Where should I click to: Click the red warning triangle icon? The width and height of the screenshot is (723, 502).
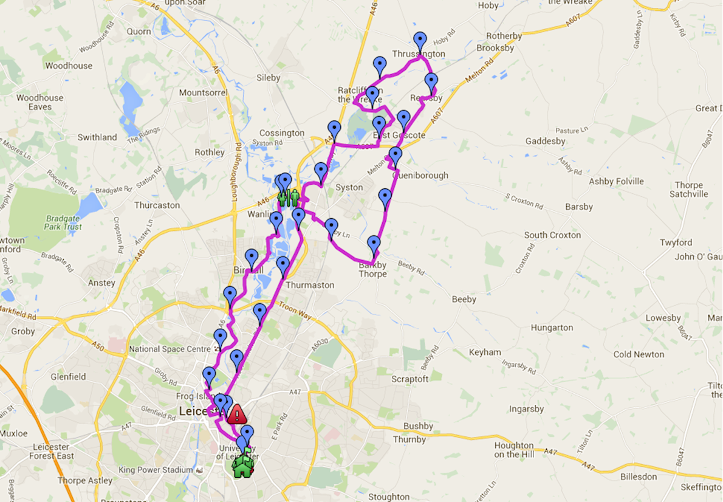pyautogui.click(x=236, y=414)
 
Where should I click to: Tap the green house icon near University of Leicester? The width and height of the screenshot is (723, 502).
pyautogui.click(x=242, y=466)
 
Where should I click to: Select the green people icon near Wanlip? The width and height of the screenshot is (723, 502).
pyautogui.click(x=288, y=198)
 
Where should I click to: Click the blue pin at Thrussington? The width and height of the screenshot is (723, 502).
pyautogui.click(x=420, y=42)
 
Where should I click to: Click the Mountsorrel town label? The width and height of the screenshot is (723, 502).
pyautogui.click(x=203, y=92)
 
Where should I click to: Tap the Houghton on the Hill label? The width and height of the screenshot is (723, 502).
pyautogui.click(x=513, y=450)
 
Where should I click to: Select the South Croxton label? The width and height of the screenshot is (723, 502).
pyautogui.click(x=552, y=235)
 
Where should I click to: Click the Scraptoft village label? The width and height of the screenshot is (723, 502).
pyautogui.click(x=409, y=379)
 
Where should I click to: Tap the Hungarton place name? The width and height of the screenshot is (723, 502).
pyautogui.click(x=552, y=328)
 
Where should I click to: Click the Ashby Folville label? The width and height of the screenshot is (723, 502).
pyautogui.click(x=616, y=181)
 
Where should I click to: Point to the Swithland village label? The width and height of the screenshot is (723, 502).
pyautogui.click(x=97, y=137)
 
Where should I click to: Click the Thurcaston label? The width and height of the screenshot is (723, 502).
pyautogui.click(x=157, y=205)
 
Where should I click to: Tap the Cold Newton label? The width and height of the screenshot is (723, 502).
pyautogui.click(x=639, y=354)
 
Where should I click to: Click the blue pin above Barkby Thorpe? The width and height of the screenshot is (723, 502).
pyautogui.click(x=374, y=244)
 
